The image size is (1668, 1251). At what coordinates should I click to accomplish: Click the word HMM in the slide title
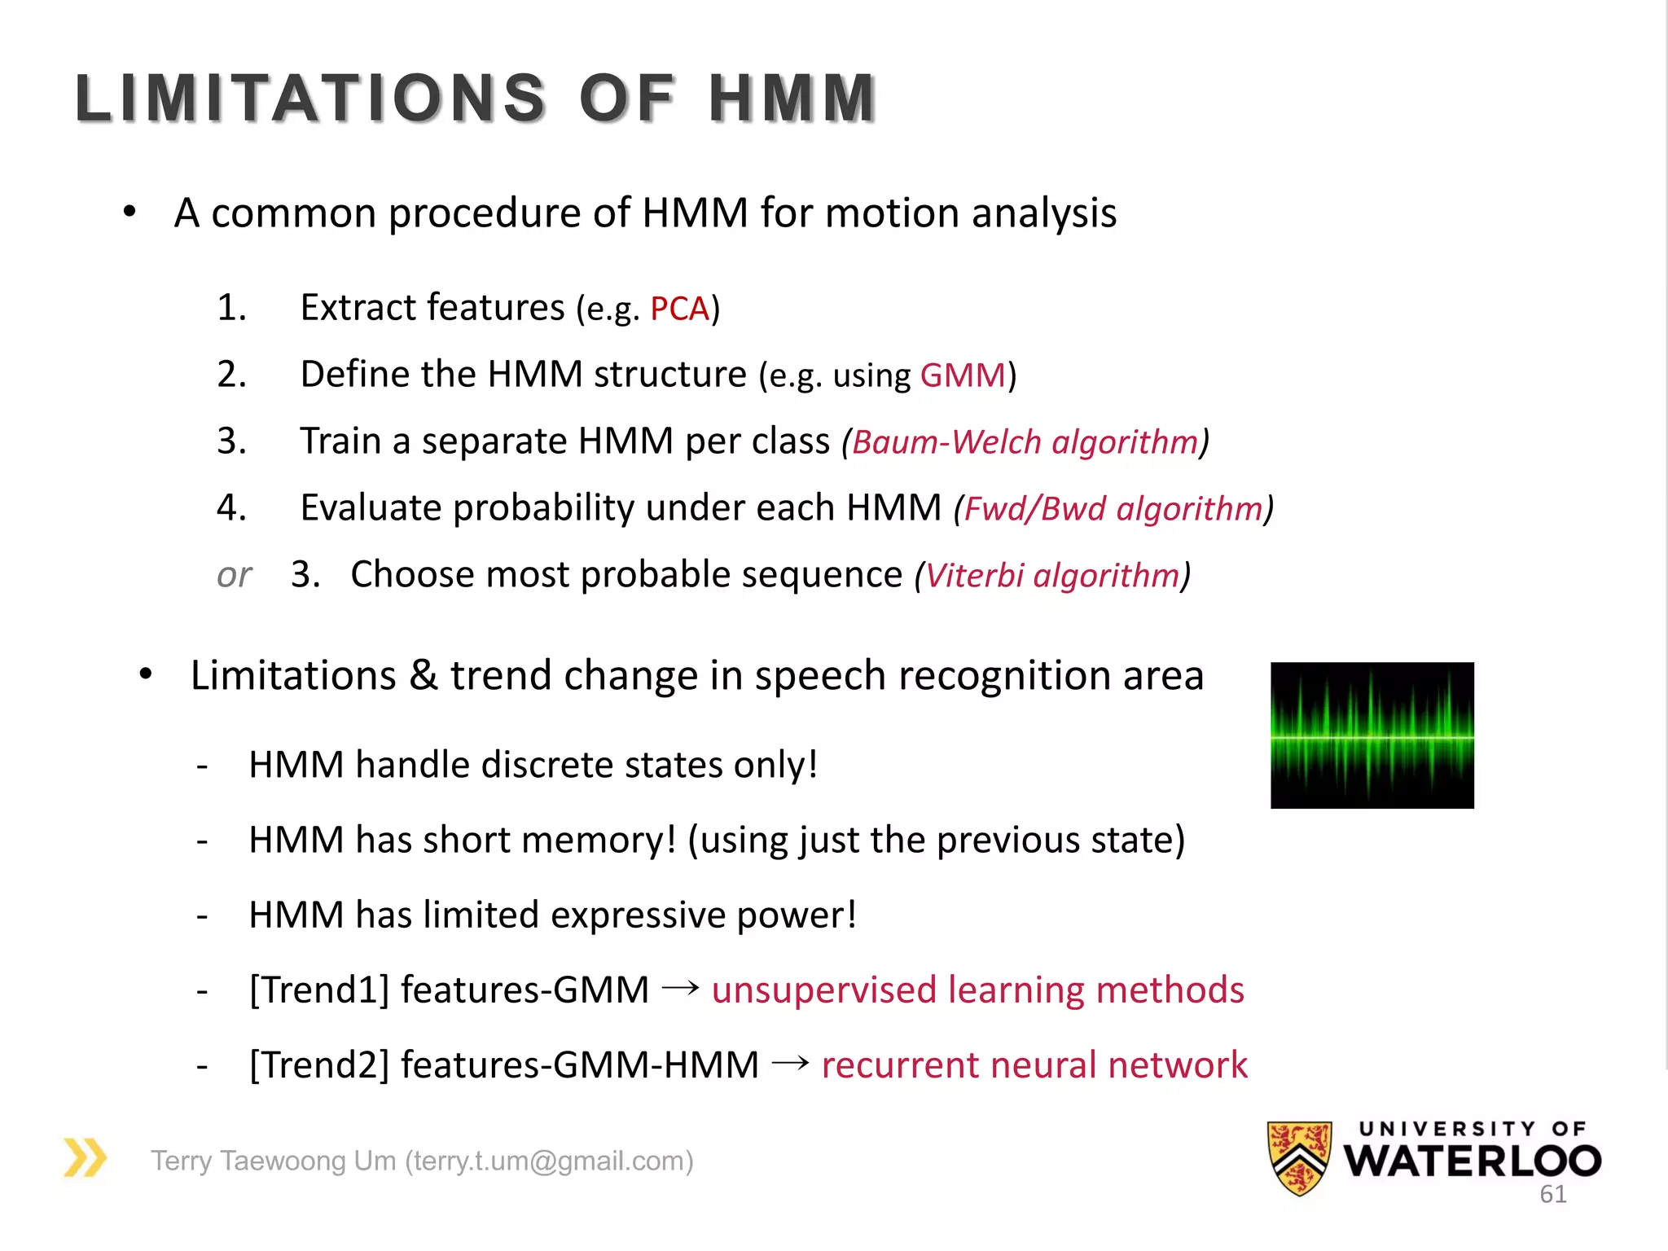point(792,99)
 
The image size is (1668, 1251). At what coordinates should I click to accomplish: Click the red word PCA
point(679,309)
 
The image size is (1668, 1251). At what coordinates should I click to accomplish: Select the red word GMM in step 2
point(963,375)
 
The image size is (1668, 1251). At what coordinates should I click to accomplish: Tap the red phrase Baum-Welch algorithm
point(1025,442)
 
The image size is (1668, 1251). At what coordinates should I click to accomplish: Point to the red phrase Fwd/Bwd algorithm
point(1113,509)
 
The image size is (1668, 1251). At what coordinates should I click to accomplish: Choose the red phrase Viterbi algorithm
point(1052,576)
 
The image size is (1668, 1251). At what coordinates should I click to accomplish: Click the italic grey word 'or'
point(234,576)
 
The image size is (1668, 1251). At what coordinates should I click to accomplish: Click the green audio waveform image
point(1372,735)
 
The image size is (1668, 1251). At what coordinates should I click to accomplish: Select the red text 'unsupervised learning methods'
point(977,990)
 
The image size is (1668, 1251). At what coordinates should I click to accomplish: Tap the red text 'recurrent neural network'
point(1034,1065)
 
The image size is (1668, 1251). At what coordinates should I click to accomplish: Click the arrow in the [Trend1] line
point(680,988)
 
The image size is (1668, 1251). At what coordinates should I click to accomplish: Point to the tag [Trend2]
point(319,1065)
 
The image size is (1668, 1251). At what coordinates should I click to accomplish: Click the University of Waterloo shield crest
point(1299,1157)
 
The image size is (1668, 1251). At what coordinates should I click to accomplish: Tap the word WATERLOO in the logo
point(1473,1161)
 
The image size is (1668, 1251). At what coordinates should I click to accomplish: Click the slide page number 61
point(1552,1195)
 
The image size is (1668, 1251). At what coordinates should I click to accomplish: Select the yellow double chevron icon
point(85,1157)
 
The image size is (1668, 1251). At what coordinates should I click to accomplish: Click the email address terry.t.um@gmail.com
point(549,1161)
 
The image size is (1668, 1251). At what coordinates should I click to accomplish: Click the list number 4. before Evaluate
point(231,508)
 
